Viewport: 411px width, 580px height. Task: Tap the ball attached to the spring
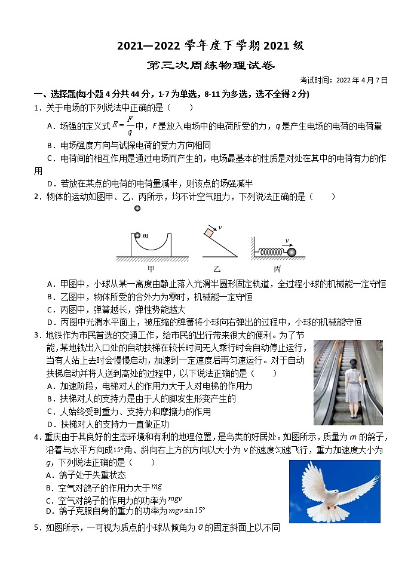[292, 253]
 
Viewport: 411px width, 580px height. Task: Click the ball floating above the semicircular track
[137, 208]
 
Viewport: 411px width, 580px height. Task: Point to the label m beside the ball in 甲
[145, 236]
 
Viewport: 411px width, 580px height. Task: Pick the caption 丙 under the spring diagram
[277, 269]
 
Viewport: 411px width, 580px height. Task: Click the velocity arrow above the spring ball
[288, 243]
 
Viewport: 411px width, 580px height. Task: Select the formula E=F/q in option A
[121, 125]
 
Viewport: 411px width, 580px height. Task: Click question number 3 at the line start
[36, 335]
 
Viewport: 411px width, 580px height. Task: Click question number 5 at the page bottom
[36, 527]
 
